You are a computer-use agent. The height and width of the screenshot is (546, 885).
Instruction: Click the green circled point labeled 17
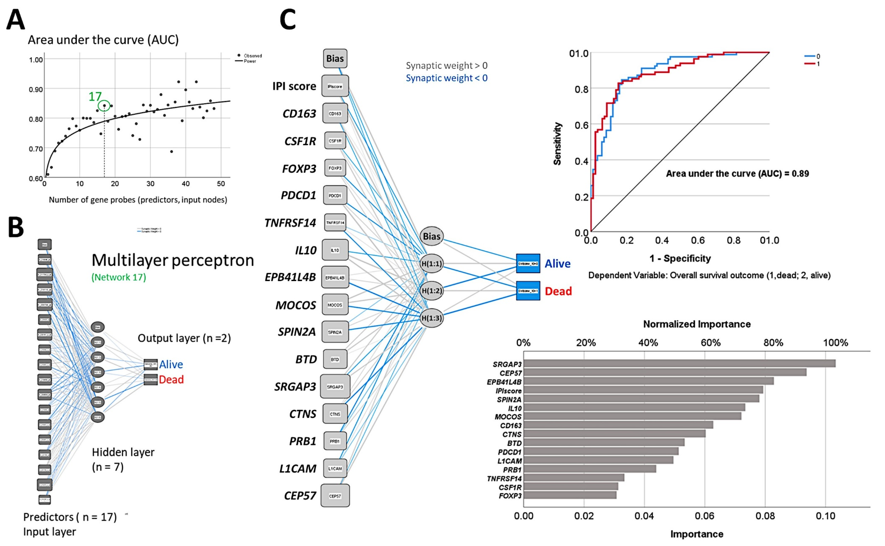coord(104,105)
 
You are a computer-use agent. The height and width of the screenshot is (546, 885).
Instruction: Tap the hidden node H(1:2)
coord(432,291)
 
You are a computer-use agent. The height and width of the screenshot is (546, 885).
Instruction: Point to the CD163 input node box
coord(335,113)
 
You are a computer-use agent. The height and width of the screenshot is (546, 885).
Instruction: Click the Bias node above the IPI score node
coord(335,59)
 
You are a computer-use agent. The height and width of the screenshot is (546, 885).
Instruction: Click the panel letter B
coord(16,227)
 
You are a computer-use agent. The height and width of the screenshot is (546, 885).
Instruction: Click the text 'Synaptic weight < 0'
coord(447,78)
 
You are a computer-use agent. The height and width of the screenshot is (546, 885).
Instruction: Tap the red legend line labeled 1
coord(810,64)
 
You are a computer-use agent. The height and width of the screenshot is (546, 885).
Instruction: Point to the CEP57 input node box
coord(335,496)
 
